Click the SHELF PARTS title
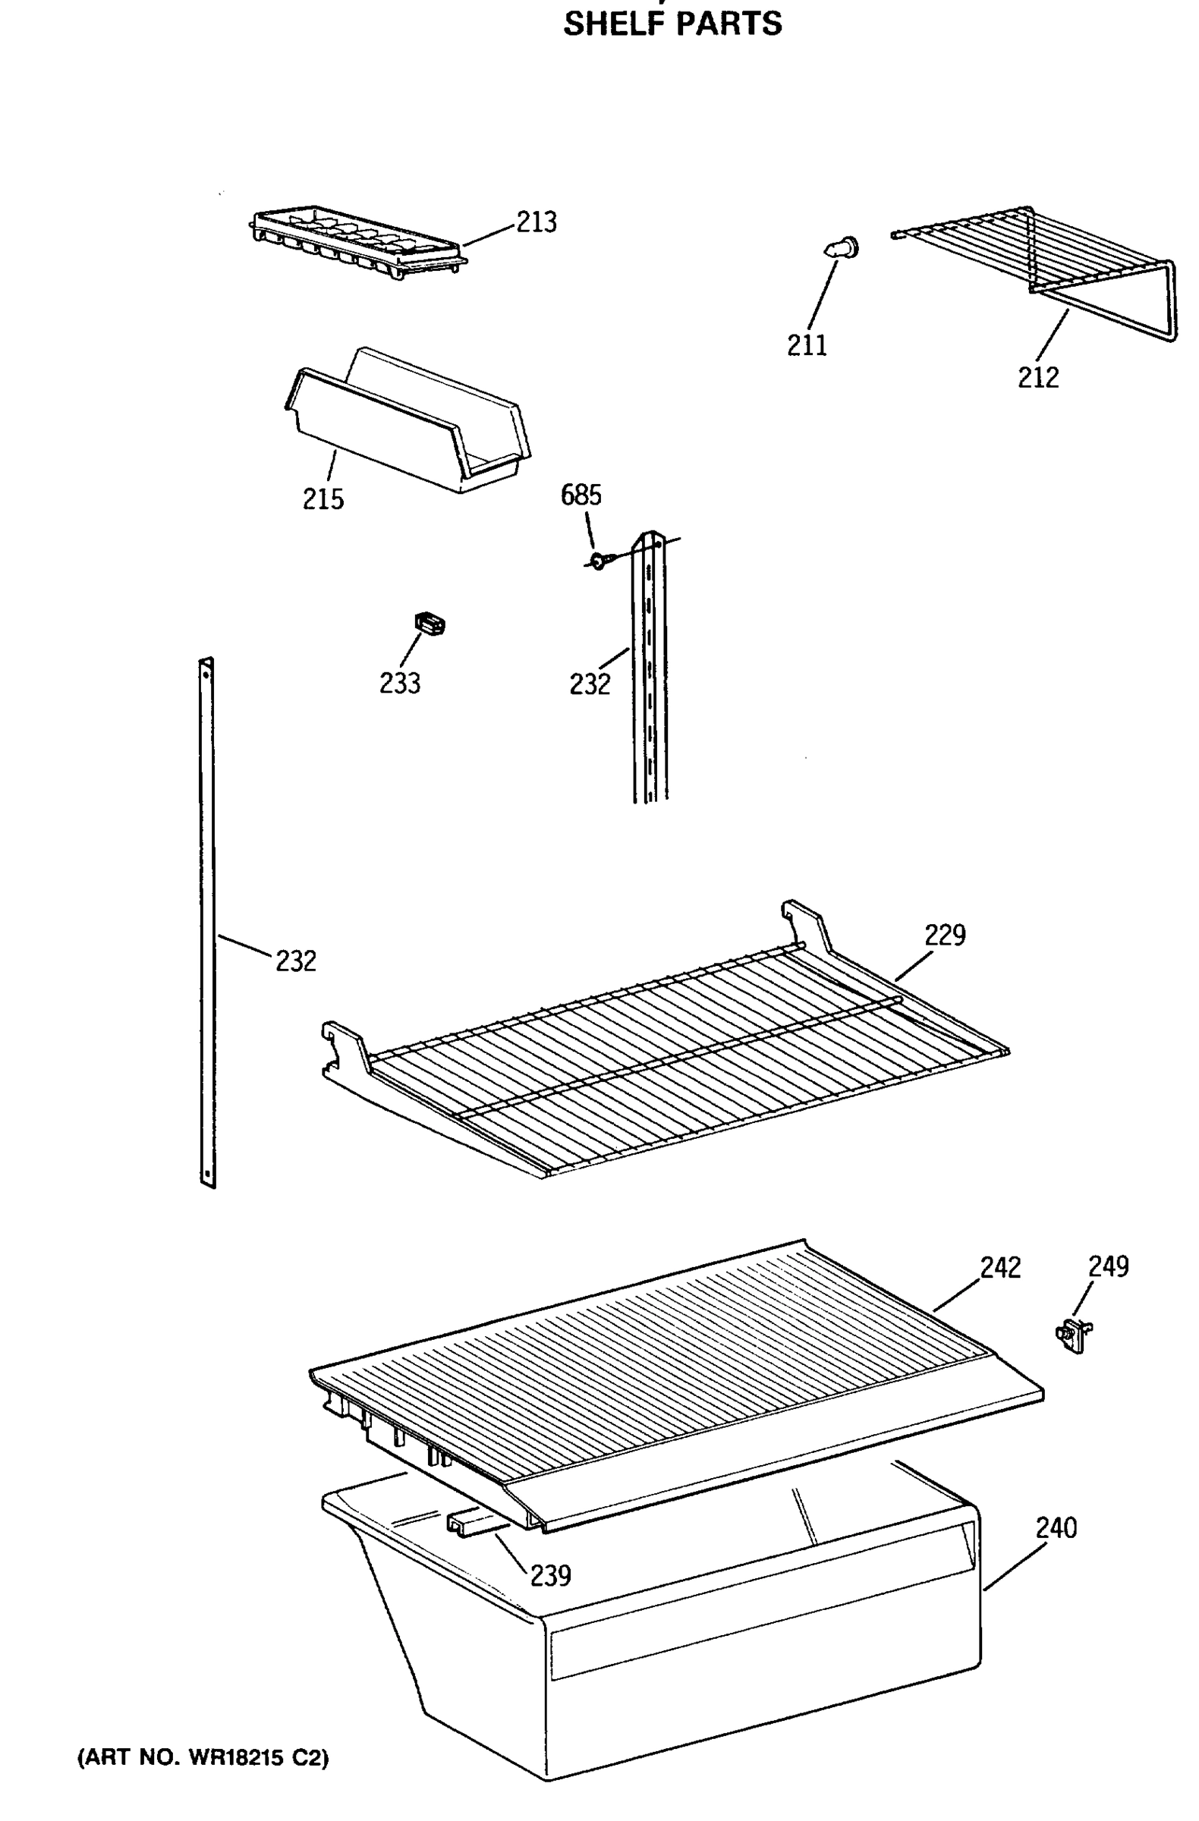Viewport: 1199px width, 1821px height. [672, 24]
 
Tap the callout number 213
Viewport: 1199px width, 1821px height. [537, 222]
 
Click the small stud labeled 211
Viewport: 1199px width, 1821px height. [842, 249]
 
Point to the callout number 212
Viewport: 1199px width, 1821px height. [1037, 377]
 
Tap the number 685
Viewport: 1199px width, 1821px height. [581, 495]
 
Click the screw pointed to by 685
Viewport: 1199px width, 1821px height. [597, 562]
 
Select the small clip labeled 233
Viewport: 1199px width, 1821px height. [430, 624]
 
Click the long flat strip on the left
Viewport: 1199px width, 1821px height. [206, 918]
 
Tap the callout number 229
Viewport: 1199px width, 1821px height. [945, 935]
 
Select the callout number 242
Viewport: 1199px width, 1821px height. [1000, 1268]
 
